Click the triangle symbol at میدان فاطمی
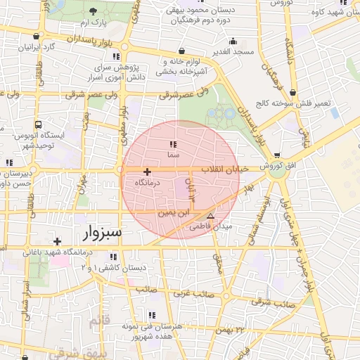210,215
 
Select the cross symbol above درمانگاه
147,172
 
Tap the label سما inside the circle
172,152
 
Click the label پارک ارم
94,22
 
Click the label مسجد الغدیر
235,52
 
